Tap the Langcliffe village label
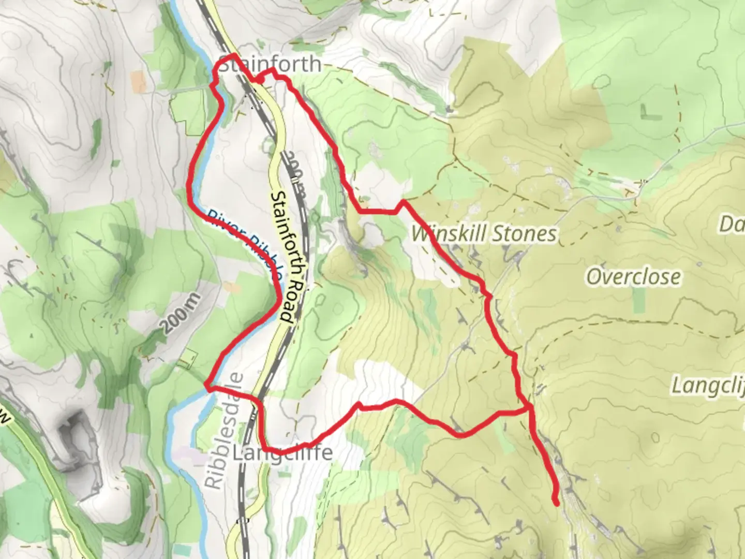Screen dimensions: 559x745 point(282,453)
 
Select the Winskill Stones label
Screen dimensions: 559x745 point(484,233)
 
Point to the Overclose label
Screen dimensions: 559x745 point(633,277)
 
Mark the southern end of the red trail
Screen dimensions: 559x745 point(557,503)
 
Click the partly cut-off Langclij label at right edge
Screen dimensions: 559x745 point(708,386)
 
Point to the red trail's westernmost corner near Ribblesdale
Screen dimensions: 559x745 point(206,385)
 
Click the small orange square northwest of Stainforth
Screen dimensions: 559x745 point(139,81)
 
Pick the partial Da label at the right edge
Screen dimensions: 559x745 point(732,224)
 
